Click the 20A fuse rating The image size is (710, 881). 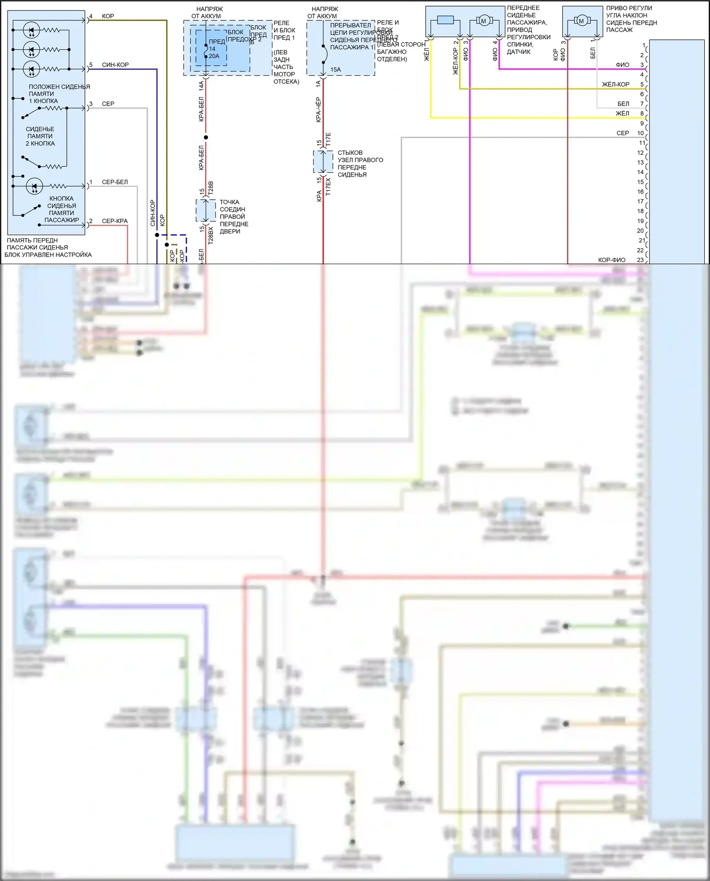[214, 56]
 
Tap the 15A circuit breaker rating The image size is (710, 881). [335, 70]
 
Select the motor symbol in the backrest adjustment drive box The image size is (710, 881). [484, 21]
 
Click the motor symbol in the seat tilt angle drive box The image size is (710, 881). [581, 21]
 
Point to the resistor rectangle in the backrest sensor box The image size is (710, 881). [445, 20]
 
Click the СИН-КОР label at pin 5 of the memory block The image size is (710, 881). [115, 65]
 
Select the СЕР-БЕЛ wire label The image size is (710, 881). [115, 182]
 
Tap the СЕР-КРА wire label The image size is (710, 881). [115, 221]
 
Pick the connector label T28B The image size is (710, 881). [211, 187]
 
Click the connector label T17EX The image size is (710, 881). [328, 187]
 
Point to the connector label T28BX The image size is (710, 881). [211, 235]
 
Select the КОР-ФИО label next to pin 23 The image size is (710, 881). [611, 260]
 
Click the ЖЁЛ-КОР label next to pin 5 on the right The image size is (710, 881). [615, 84]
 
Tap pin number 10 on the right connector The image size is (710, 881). [640, 133]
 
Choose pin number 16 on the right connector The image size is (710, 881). [640, 192]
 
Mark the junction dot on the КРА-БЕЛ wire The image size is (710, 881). [206, 138]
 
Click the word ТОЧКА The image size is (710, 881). [229, 202]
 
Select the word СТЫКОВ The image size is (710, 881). [350, 153]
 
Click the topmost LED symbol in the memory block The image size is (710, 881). [31, 30]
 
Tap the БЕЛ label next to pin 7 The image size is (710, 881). [623, 104]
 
